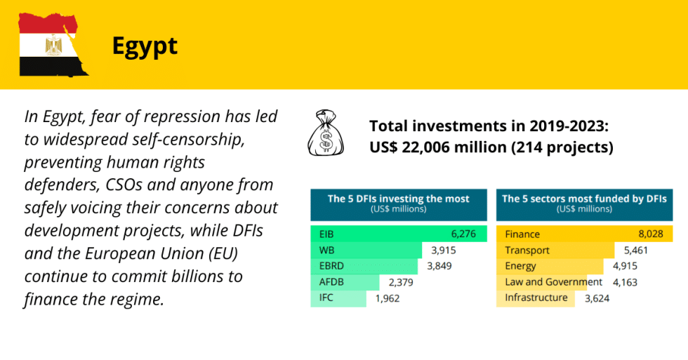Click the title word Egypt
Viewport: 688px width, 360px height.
(145, 46)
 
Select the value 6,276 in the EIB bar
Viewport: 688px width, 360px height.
(464, 234)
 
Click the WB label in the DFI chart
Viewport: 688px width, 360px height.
(326, 251)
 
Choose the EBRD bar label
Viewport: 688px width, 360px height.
(332, 266)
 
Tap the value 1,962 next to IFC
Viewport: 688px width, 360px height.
(387, 298)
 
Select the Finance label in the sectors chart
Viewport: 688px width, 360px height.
(523, 234)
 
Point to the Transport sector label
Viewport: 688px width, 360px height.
(527, 251)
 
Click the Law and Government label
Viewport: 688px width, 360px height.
(553, 282)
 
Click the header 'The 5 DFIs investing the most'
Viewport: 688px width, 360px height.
(398, 199)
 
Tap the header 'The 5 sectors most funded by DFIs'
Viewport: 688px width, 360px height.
(583, 199)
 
